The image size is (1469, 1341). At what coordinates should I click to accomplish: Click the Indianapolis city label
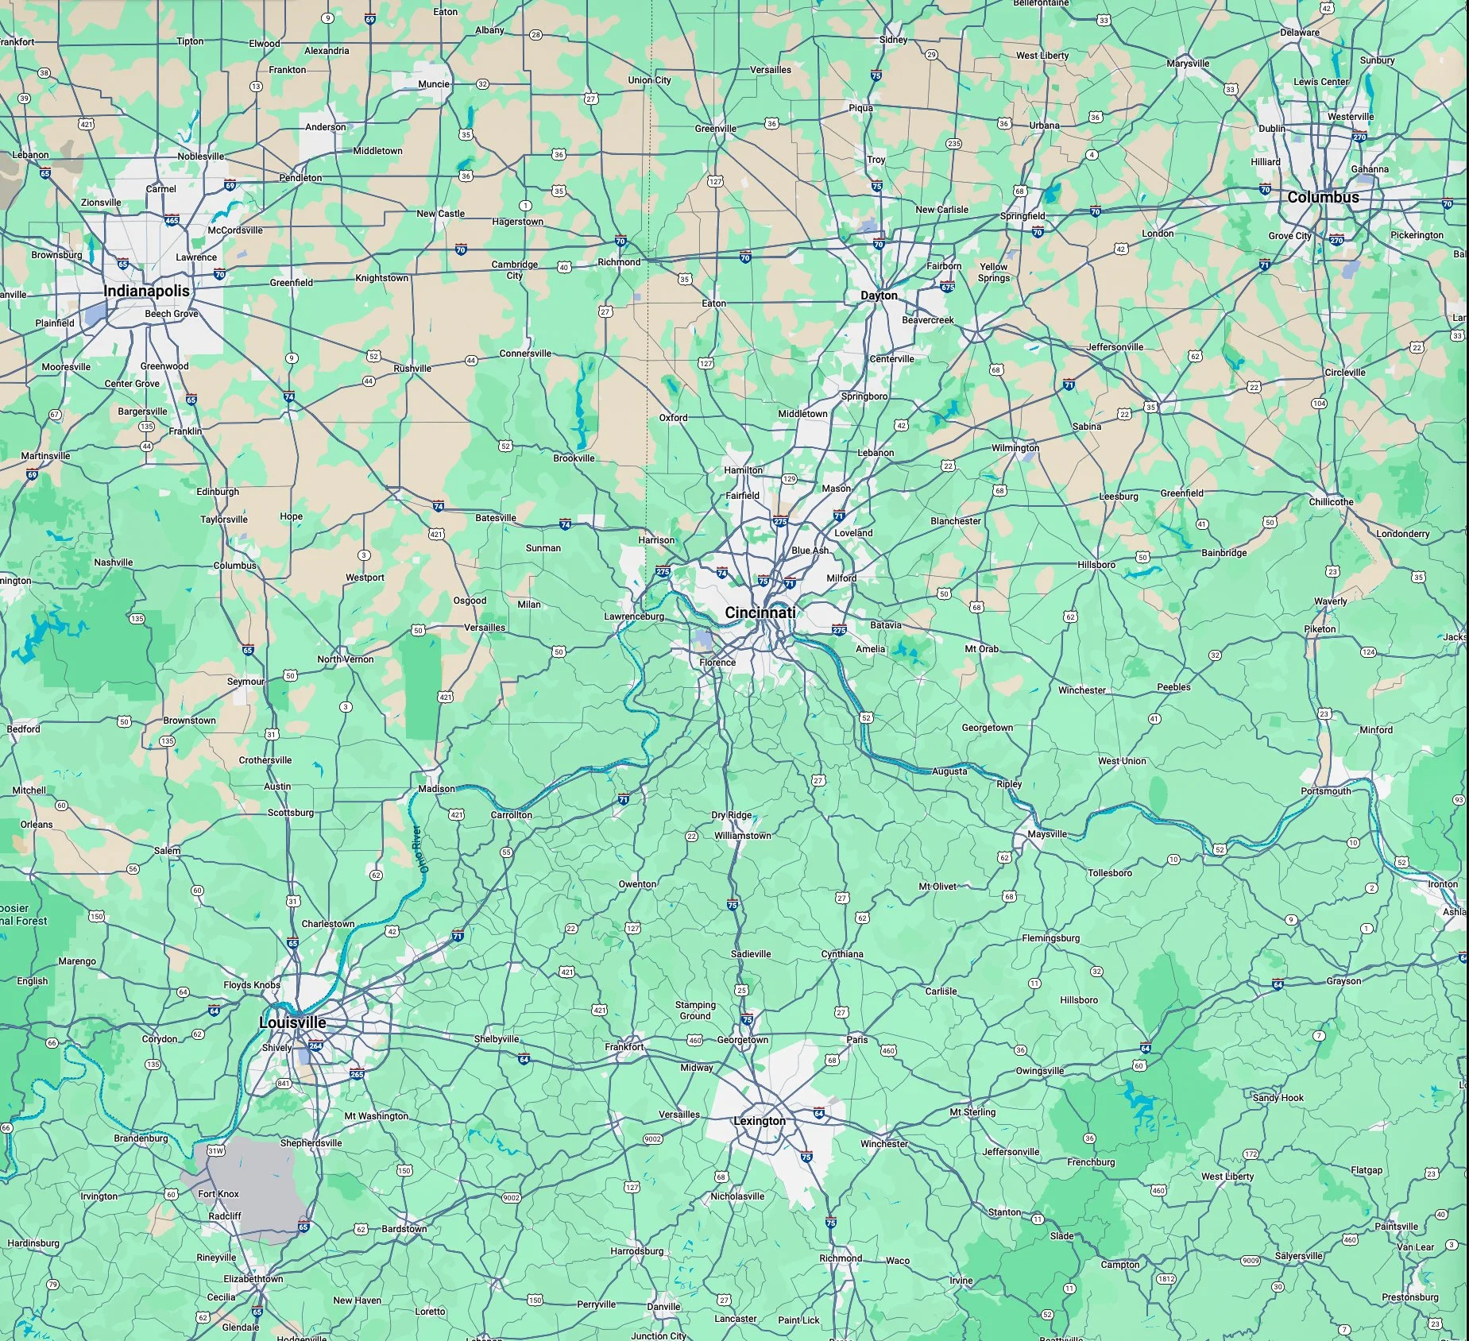point(147,291)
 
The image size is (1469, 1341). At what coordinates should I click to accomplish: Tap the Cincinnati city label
point(760,613)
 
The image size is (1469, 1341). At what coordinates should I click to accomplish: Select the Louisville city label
point(292,1022)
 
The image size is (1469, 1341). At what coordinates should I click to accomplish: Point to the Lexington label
point(759,1121)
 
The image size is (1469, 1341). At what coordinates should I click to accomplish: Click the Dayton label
point(879,296)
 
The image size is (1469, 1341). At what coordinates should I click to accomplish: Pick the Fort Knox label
point(218,1193)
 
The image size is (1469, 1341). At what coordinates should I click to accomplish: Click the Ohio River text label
point(420,849)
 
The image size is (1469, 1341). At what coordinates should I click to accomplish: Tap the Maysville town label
point(1047,834)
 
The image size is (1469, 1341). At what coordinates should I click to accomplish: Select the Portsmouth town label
point(1326,791)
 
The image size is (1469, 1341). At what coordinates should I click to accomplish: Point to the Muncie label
point(434,84)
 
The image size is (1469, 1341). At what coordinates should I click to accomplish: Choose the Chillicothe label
point(1332,502)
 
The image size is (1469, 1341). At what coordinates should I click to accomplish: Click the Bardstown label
point(404,1229)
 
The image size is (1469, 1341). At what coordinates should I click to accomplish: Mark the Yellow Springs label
point(994,272)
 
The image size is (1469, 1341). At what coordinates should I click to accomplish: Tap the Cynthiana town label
point(842,954)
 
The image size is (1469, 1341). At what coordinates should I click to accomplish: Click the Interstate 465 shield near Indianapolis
point(172,221)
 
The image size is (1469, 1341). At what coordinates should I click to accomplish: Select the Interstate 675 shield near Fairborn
point(946,286)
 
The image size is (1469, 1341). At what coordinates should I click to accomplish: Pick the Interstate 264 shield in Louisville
point(315,1045)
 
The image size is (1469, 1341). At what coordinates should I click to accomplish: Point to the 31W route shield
point(215,1150)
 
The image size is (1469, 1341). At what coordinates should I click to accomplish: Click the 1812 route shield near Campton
point(1166,1279)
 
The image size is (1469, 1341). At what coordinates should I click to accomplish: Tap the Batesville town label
point(496,518)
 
